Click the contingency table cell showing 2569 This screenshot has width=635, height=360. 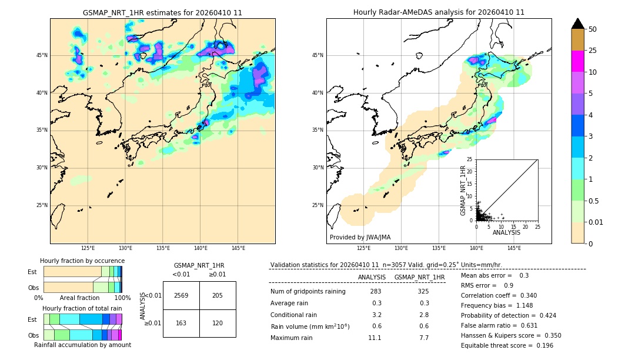tap(181, 295)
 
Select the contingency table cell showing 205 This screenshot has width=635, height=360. tap(218, 295)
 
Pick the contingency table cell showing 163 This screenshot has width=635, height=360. tap(181, 323)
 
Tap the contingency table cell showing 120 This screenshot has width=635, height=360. tap(218, 323)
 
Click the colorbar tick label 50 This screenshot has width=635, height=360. tap(593, 29)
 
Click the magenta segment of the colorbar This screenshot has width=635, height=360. tap(578, 61)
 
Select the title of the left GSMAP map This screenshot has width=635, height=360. tap(162, 12)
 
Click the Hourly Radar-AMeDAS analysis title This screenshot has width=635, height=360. tap(439, 12)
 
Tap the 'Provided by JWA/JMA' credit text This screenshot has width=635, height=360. tap(360, 238)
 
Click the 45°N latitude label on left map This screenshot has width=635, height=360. tap(42, 55)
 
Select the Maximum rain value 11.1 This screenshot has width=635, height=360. tap(375, 338)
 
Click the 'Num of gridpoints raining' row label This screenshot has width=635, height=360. tap(308, 292)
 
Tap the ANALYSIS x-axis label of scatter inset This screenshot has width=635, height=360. tap(506, 232)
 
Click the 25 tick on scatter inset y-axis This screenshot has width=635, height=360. tap(470, 159)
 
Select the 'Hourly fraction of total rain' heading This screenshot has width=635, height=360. tap(82, 308)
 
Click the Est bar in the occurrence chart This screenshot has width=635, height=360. tap(82, 271)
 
